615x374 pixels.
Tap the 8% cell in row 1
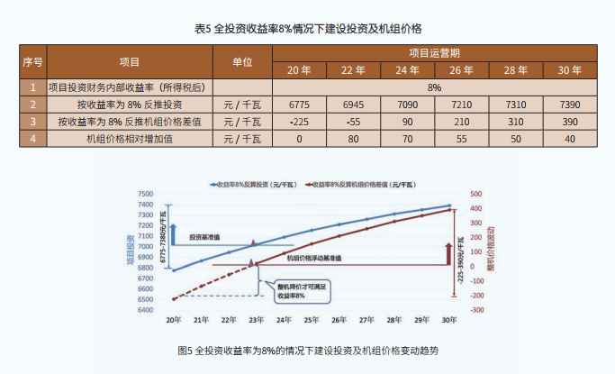pyautogui.click(x=434, y=87)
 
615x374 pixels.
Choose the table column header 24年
pyautogui.click(x=407, y=70)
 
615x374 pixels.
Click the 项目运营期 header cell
pyautogui.click(x=434, y=53)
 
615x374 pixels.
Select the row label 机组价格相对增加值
pyautogui.click(x=128, y=139)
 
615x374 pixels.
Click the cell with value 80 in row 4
pyautogui.click(x=353, y=139)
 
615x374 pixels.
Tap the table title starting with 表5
pyautogui.click(x=306, y=28)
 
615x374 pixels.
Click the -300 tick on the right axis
pyautogui.click(x=476, y=309)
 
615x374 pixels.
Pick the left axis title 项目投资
pyautogui.click(x=130, y=249)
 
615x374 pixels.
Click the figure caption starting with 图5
pyautogui.click(x=308, y=350)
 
